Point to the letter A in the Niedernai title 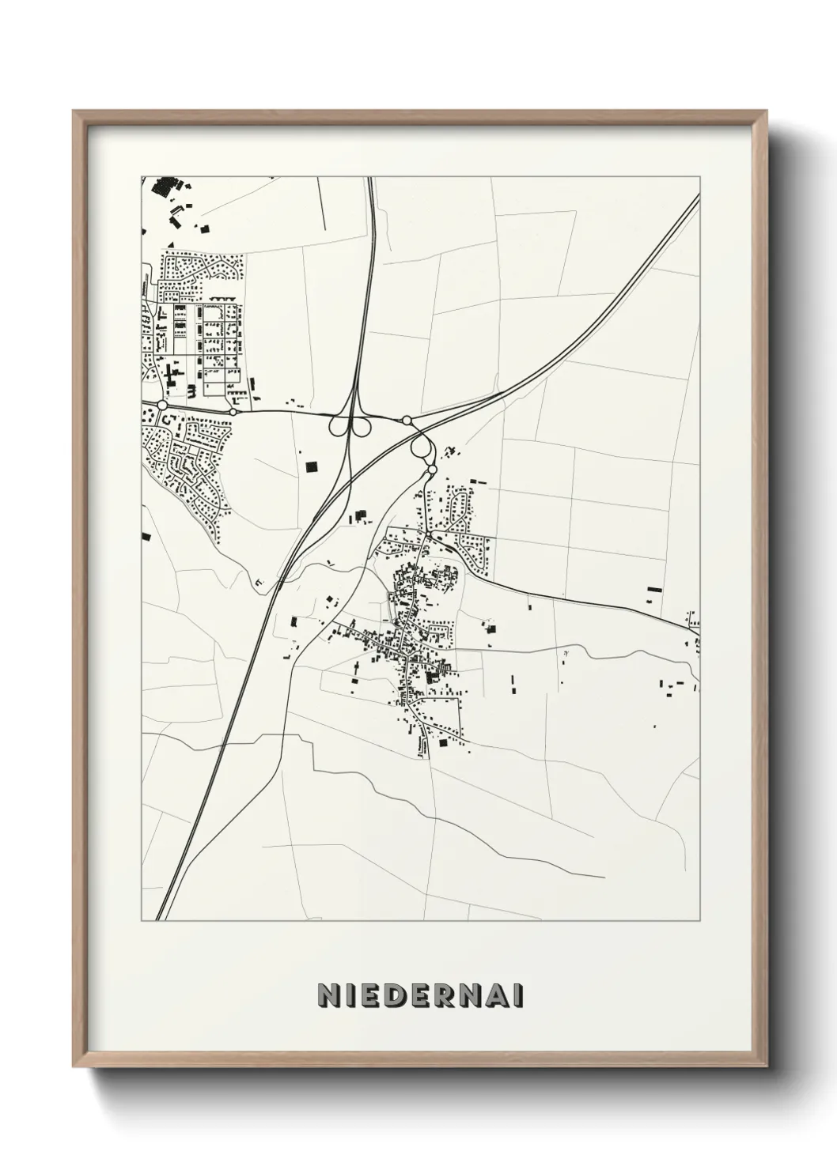497,996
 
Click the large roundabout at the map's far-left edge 163,405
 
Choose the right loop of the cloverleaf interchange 362,426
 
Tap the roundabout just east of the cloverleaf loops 407,420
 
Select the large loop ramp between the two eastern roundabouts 422,447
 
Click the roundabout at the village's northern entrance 432,470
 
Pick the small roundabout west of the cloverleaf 233,411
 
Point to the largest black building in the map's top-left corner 164,187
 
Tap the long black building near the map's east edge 653,589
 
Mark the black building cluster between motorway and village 362,516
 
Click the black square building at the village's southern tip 442,742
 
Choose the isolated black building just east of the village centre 490,629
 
